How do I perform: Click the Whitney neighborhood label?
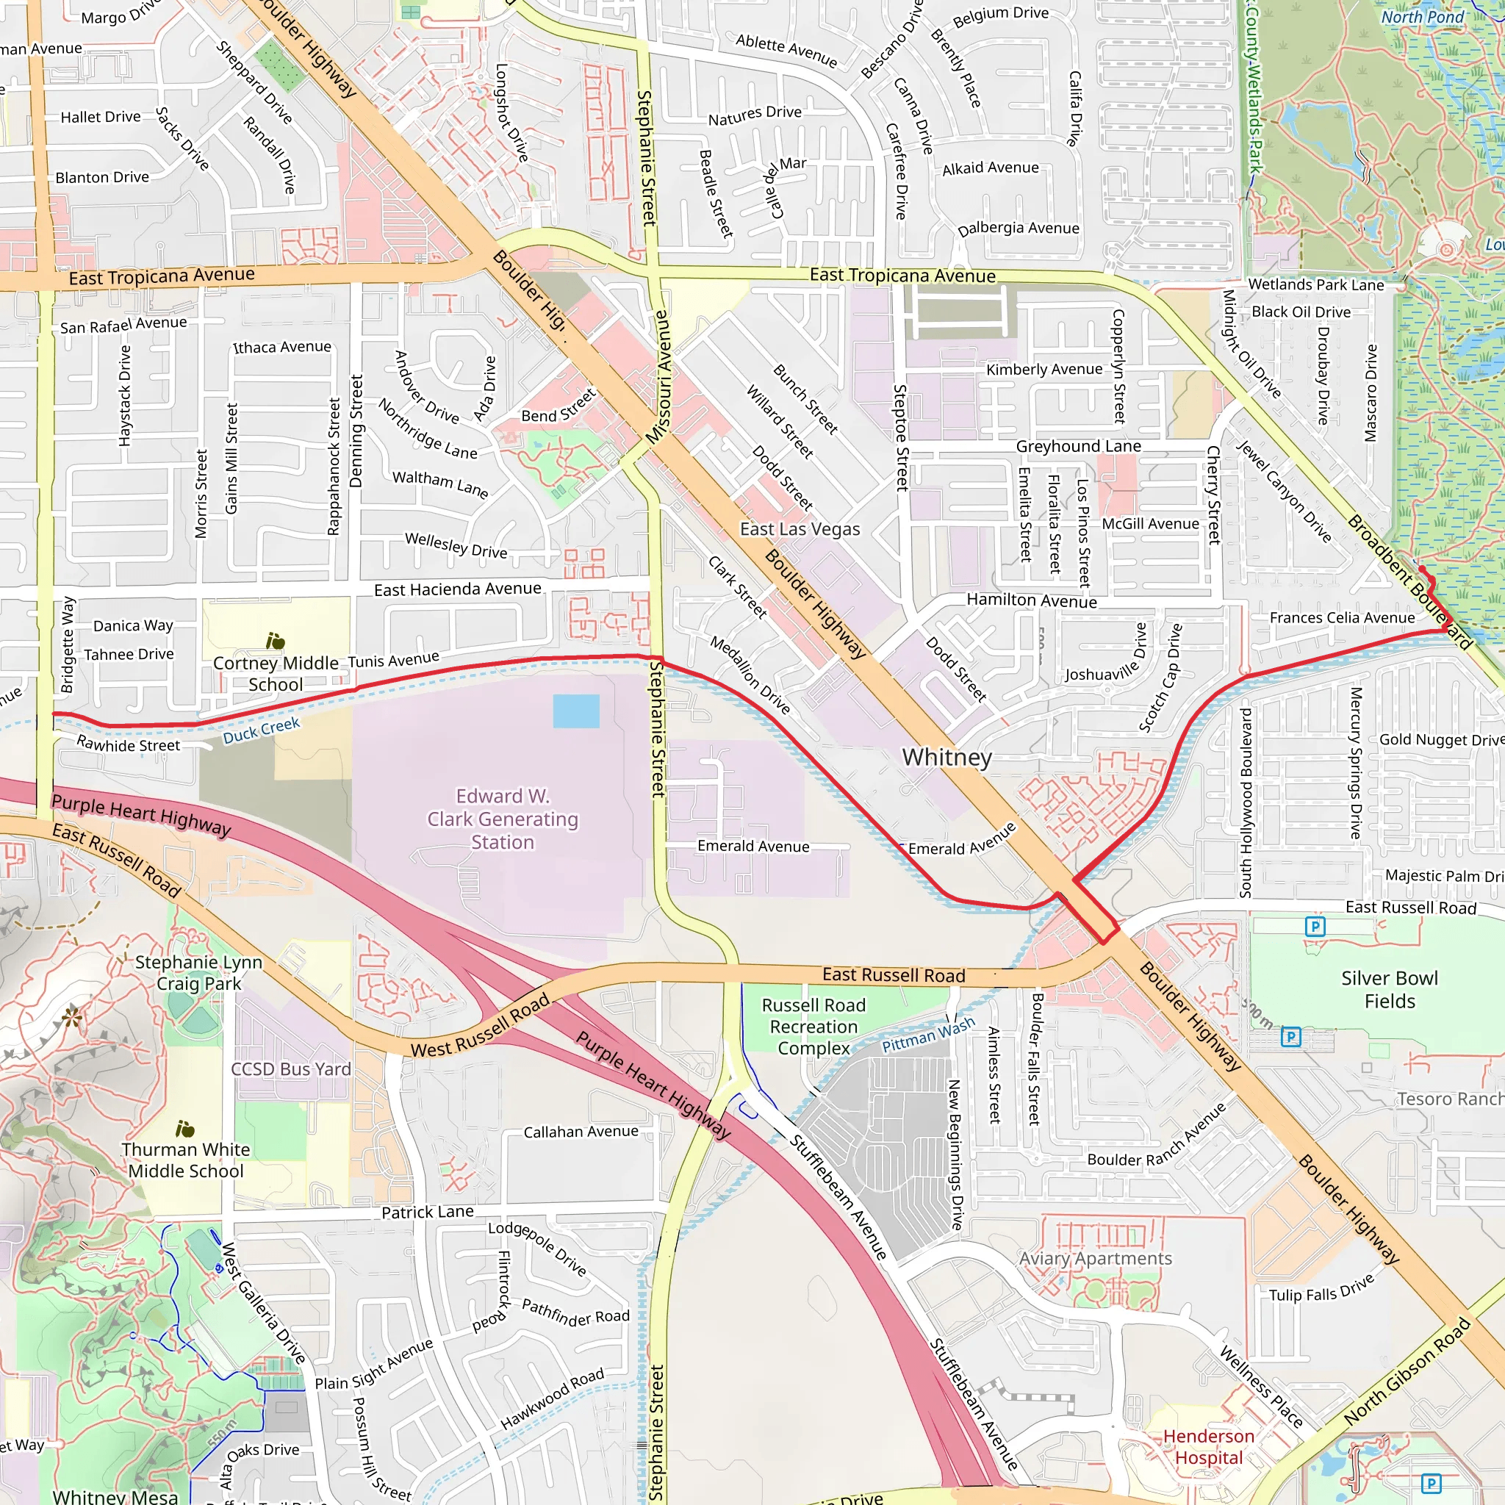pyautogui.click(x=947, y=757)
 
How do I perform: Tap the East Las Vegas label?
pyautogui.click(x=800, y=530)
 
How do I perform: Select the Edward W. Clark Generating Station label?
pyautogui.click(x=503, y=819)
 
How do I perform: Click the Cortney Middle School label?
pyautogui.click(x=276, y=674)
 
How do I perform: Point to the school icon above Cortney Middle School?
pyautogui.click(x=275, y=641)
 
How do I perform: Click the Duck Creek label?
pyautogui.click(x=261, y=730)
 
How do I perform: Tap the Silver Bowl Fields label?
pyautogui.click(x=1389, y=989)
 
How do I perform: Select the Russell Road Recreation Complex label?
pyautogui.click(x=813, y=1027)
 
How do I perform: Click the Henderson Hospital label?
pyautogui.click(x=1208, y=1446)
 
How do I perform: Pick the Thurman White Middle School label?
pyautogui.click(x=185, y=1160)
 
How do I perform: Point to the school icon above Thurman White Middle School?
pyautogui.click(x=184, y=1129)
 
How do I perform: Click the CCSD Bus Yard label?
pyautogui.click(x=290, y=1068)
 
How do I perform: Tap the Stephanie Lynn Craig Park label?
pyautogui.click(x=198, y=972)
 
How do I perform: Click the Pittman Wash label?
pyautogui.click(x=928, y=1035)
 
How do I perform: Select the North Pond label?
pyautogui.click(x=1423, y=17)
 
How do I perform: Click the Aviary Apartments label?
pyautogui.click(x=1095, y=1258)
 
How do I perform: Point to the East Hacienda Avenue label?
pyautogui.click(x=457, y=589)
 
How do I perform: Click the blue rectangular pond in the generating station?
pyautogui.click(x=575, y=711)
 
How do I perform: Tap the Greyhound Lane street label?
pyautogui.click(x=1078, y=446)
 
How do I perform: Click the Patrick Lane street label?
pyautogui.click(x=427, y=1212)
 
